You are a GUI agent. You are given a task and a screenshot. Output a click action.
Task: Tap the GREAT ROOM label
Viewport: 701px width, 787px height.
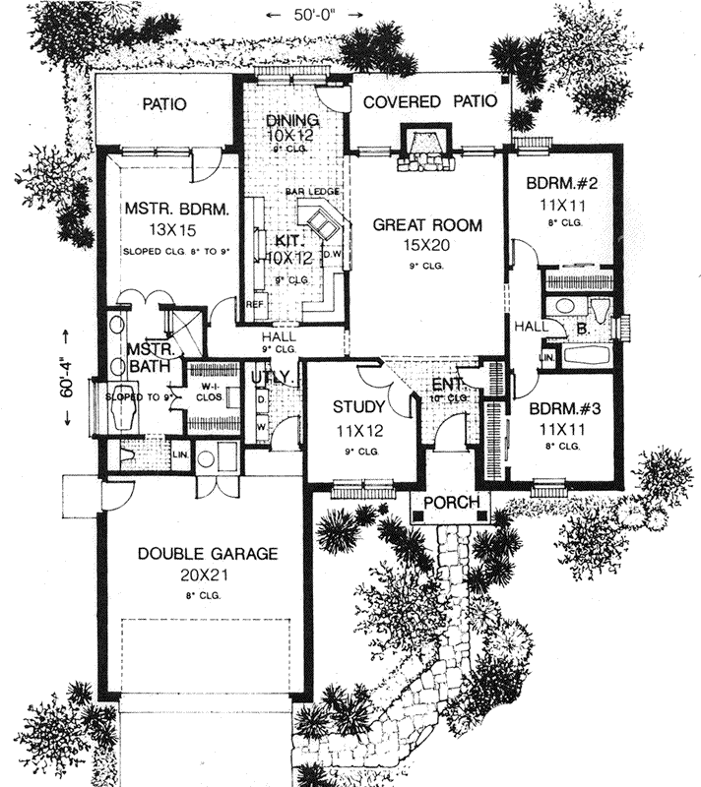pos(427,225)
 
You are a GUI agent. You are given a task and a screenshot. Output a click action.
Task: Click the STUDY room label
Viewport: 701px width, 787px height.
pos(350,405)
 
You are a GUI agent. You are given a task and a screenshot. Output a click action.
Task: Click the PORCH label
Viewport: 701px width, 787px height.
pos(449,504)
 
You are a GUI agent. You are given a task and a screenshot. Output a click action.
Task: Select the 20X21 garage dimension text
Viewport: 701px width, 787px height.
pos(206,575)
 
